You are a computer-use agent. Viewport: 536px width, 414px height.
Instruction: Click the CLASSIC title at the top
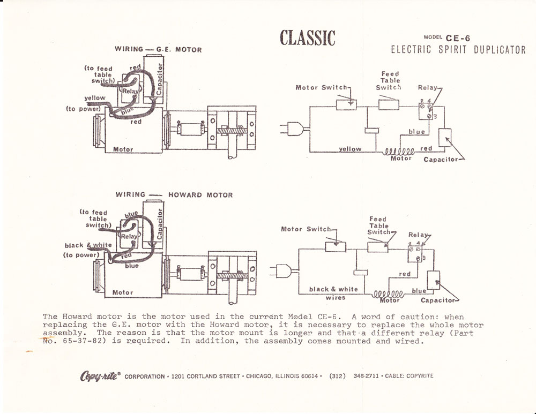308,37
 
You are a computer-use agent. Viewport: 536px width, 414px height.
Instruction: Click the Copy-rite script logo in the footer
100,375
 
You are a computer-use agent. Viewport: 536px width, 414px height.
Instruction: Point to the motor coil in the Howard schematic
389,294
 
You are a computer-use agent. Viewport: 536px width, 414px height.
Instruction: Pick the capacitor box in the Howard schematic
433,280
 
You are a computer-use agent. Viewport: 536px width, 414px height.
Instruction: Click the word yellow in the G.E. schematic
350,149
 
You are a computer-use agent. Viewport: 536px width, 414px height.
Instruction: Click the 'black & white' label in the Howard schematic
333,289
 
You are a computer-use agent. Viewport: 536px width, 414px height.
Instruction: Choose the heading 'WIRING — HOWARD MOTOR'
174,195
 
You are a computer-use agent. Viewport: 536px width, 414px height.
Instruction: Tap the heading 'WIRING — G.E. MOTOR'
158,50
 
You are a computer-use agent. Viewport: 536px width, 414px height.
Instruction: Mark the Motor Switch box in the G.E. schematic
346,104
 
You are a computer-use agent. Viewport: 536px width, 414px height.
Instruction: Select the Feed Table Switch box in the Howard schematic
377,247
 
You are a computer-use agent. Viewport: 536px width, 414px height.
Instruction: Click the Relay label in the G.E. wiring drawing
130,92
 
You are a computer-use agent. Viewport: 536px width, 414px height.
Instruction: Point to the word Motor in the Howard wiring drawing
123,293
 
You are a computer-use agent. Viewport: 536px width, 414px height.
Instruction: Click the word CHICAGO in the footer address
258,376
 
